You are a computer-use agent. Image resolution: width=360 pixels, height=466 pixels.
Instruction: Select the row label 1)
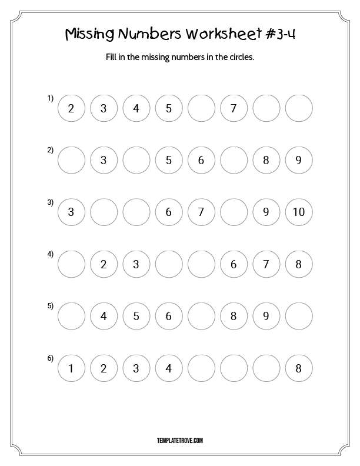[51, 98]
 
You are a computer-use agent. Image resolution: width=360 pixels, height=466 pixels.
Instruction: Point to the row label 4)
[51, 254]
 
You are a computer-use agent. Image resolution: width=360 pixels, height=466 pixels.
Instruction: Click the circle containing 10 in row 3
[299, 212]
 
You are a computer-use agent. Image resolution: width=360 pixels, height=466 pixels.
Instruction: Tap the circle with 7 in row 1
[234, 108]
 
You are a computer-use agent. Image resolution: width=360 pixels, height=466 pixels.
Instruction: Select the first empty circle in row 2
[71, 160]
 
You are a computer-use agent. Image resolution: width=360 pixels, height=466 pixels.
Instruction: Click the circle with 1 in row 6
[71, 369]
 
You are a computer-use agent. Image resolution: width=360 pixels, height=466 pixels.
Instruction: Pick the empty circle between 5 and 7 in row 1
[201, 108]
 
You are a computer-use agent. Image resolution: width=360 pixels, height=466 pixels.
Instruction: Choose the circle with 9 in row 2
[299, 160]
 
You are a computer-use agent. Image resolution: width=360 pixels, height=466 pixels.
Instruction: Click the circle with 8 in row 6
[299, 369]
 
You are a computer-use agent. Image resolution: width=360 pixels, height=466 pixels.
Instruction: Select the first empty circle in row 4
[71, 264]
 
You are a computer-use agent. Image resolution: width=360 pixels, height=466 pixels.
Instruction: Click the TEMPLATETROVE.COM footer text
[180, 440]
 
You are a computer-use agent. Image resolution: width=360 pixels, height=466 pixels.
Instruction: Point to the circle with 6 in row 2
[201, 160]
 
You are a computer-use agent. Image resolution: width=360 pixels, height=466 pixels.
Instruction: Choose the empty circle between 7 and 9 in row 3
[234, 212]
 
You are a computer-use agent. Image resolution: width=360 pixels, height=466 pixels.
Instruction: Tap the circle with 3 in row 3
[71, 212]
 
